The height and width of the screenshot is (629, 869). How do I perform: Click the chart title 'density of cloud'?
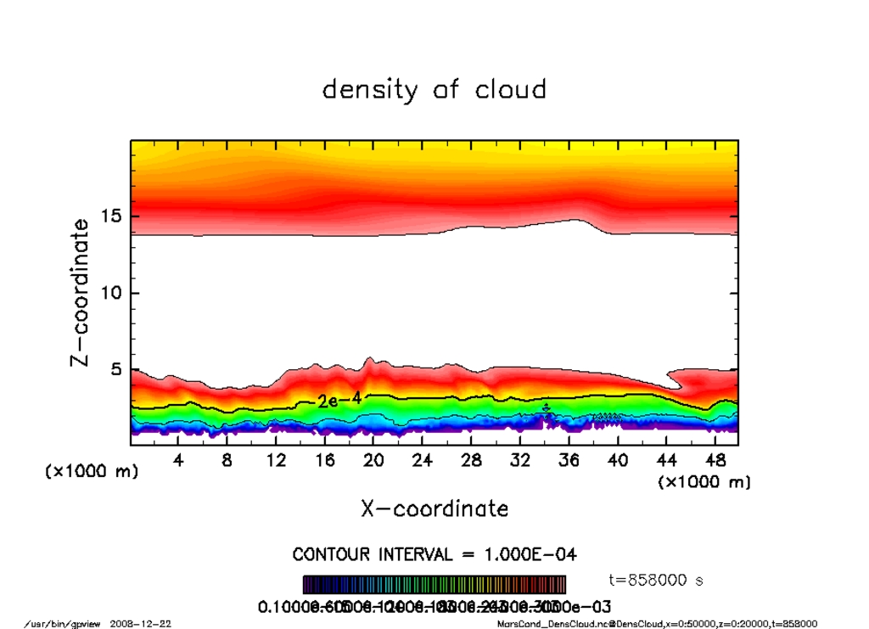(434, 89)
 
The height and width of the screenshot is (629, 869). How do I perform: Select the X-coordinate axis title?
(434, 508)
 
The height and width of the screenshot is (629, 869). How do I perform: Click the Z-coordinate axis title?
(80, 292)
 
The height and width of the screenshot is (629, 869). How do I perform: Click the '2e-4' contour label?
(339, 400)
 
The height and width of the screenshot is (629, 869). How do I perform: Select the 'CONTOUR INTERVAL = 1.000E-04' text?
(434, 555)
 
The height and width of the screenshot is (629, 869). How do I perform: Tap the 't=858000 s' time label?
(656, 581)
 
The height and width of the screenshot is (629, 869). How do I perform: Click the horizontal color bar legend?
(434, 585)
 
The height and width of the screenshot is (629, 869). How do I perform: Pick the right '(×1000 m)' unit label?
(704, 482)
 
